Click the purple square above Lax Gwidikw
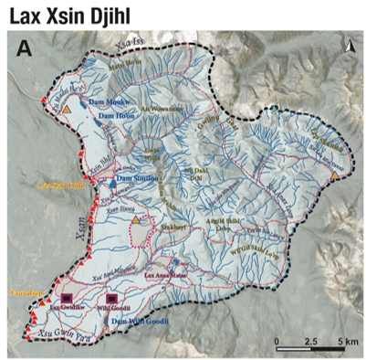pos(66,298)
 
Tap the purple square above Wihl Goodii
pos(114,298)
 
